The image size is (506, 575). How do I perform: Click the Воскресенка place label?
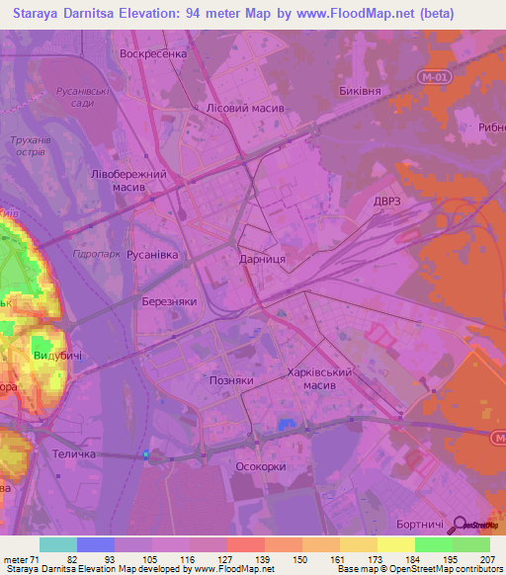point(152,54)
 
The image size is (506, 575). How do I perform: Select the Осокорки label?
point(262,466)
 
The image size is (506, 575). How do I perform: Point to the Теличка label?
point(73,454)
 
